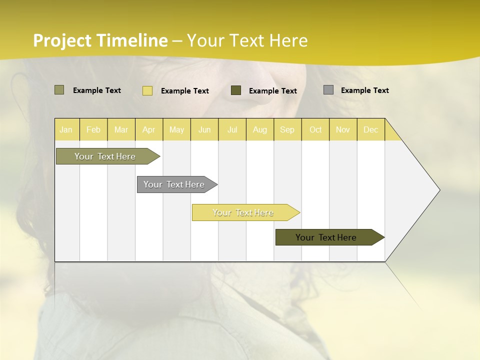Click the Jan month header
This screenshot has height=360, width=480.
[66, 129]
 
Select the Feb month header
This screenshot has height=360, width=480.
[93, 129]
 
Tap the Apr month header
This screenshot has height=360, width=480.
[149, 129]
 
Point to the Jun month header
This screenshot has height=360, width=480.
[204, 129]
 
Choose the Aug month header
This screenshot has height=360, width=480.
[260, 129]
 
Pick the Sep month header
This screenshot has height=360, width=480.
[287, 129]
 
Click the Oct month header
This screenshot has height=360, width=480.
[315, 129]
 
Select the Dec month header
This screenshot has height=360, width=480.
[371, 129]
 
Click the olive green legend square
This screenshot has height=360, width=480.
[59, 90]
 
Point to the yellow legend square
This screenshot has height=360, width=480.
[147, 90]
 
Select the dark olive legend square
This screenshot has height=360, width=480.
[236, 90]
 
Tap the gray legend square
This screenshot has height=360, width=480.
[328, 90]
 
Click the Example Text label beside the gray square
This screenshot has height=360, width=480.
[364, 90]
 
